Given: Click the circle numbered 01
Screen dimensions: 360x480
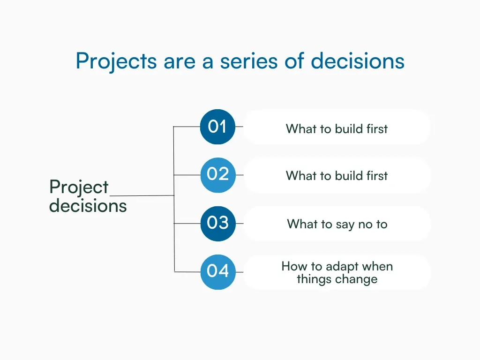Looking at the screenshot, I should point(217,127).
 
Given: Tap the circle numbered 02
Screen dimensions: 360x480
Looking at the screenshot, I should point(217,175).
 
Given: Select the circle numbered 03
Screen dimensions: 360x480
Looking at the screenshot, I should point(217,223).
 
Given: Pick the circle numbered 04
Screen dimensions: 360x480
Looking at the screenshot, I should point(217,271).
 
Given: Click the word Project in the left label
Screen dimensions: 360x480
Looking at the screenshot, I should point(79,188).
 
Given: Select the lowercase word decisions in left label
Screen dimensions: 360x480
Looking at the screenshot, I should point(88,206).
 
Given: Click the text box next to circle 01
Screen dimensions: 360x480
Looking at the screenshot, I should point(337,127).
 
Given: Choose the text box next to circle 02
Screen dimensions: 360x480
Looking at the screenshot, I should point(337,175).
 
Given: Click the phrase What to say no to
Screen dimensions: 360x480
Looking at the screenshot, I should point(337,224).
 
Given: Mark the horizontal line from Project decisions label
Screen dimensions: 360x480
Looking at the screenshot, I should point(142,195).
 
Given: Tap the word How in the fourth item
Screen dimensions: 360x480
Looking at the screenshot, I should point(292,266).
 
